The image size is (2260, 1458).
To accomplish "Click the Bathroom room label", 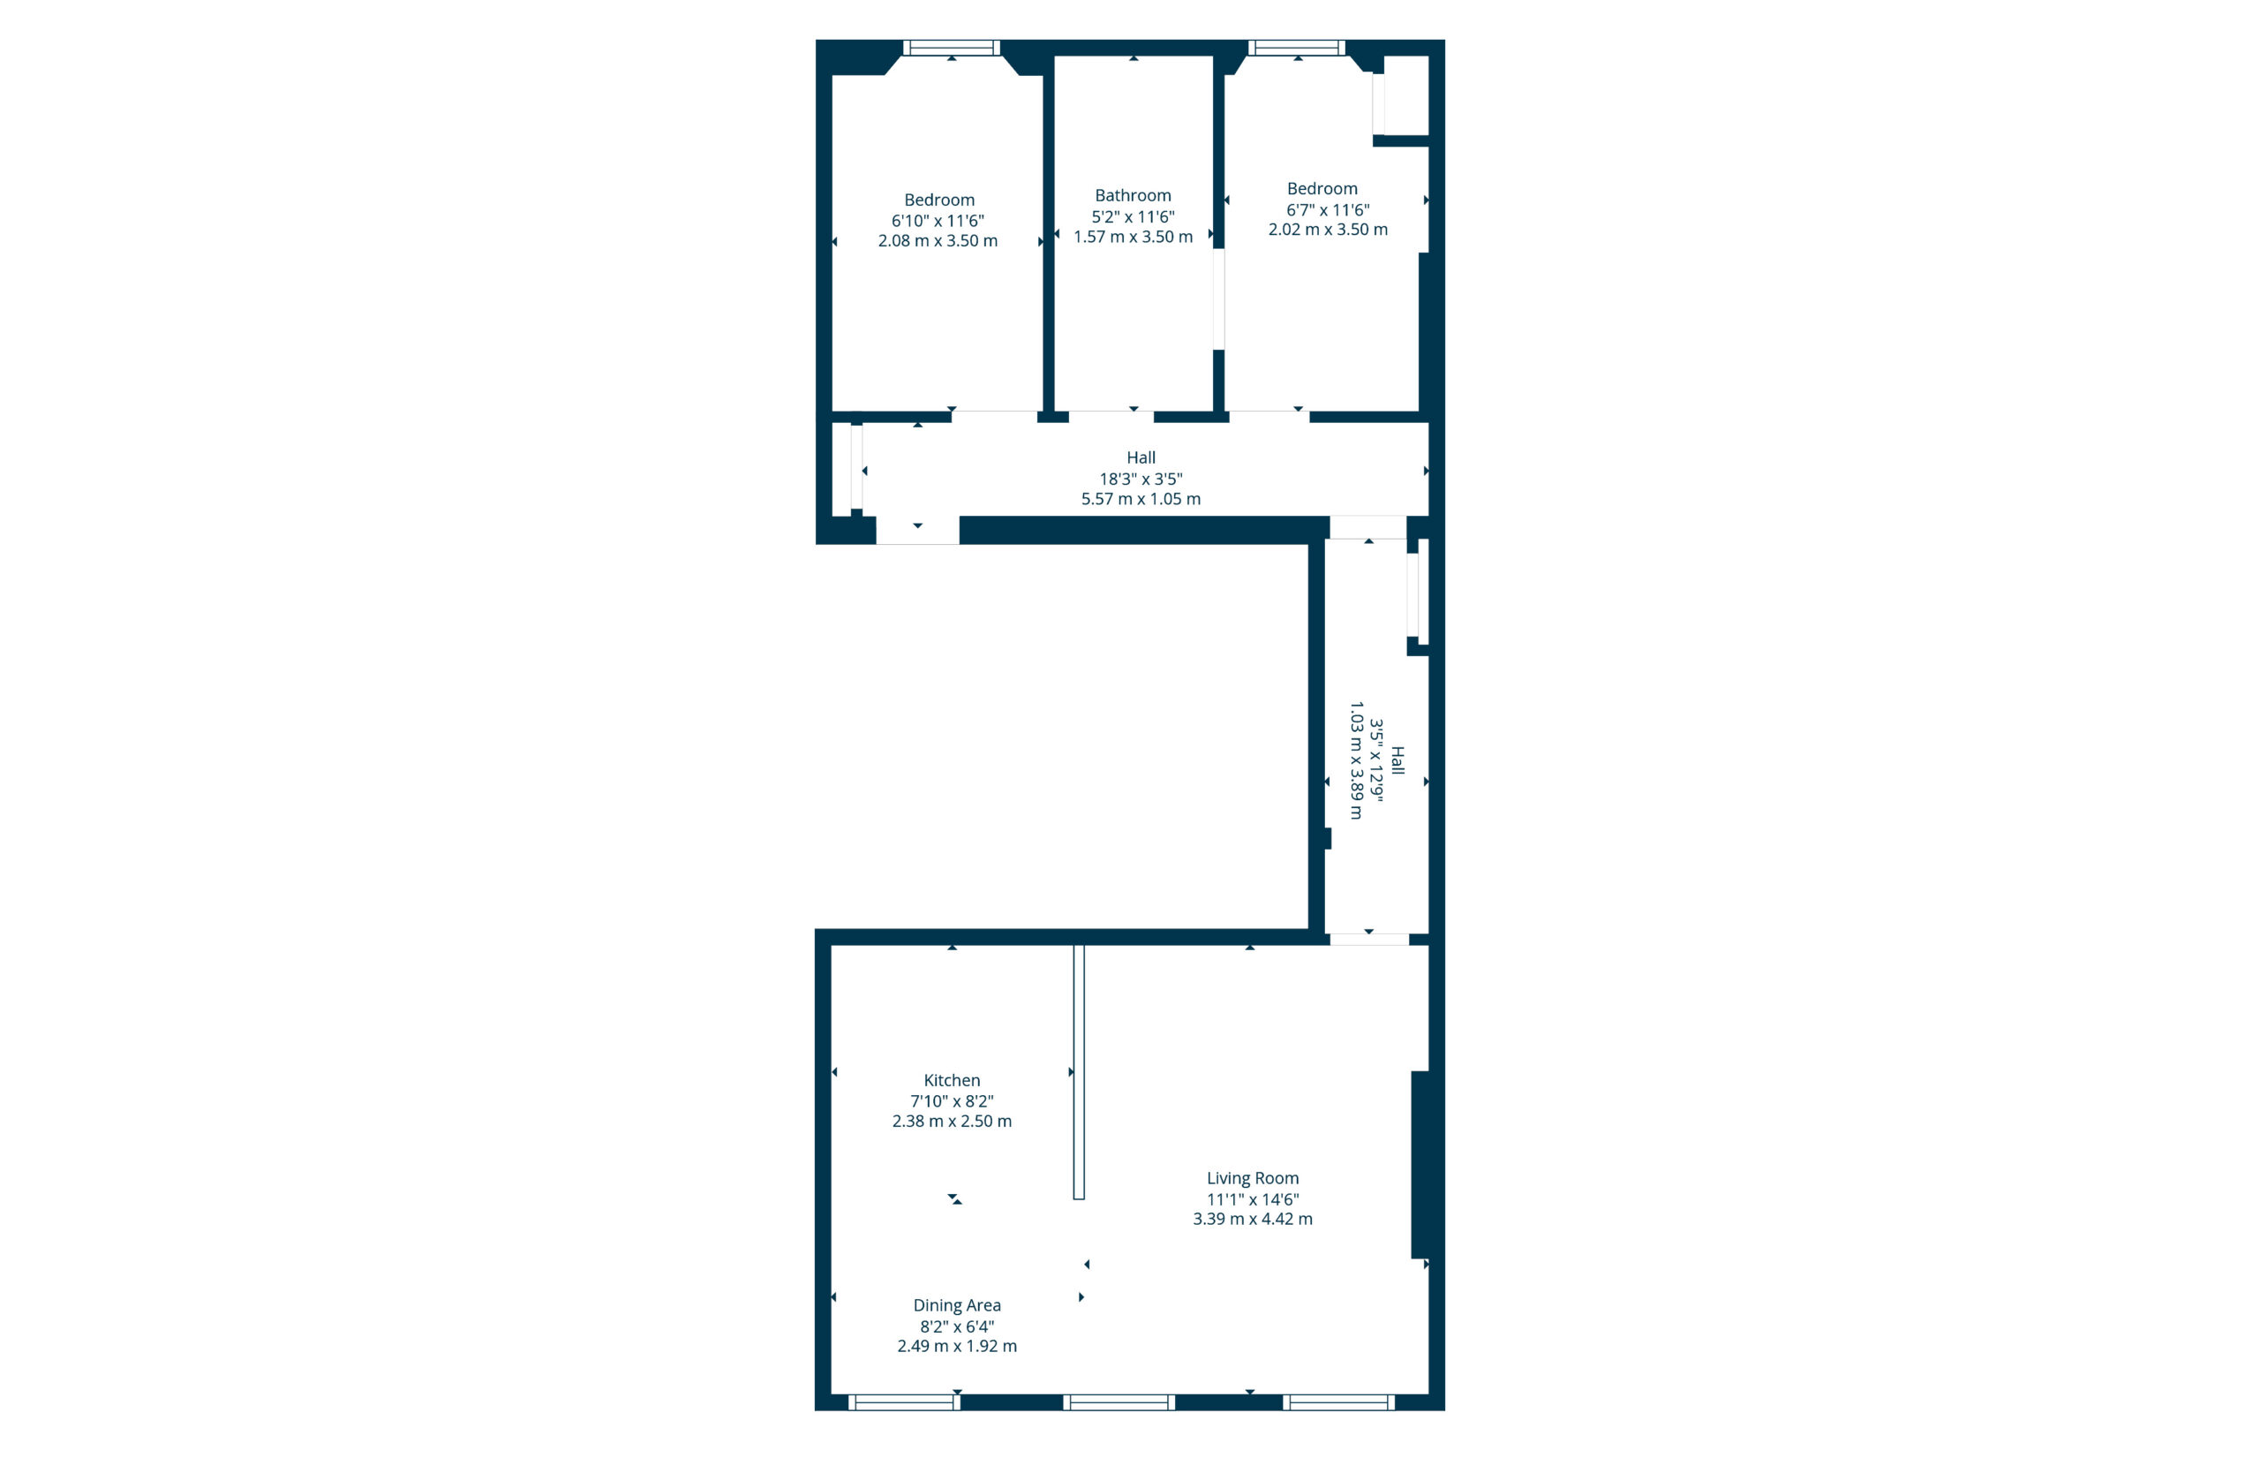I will point(1133,195).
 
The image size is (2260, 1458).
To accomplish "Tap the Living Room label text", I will point(1252,1178).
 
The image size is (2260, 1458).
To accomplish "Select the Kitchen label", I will point(951,1080).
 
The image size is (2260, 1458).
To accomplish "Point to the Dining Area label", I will point(957,1304).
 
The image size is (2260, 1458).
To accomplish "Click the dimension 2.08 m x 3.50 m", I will point(937,240).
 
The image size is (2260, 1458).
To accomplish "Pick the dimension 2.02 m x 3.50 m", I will point(1328,229).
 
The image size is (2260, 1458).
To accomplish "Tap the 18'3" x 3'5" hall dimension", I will point(1141,479).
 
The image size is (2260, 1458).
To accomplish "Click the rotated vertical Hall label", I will point(1397,760).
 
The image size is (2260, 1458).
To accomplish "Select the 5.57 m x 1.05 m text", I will point(1141,499).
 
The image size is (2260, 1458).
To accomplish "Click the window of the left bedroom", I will point(951,48).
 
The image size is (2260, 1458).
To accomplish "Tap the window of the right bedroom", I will point(1297,48).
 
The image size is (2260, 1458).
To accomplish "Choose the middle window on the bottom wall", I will point(1119,1402).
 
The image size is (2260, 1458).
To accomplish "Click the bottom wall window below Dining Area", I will point(904,1402).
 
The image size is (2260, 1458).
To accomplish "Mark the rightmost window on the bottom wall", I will point(1338,1402).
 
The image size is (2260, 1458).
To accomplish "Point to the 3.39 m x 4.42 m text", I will point(1252,1219).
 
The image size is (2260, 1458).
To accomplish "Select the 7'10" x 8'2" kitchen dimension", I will point(951,1101).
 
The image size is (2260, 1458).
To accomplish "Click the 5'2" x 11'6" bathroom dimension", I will point(1133,215).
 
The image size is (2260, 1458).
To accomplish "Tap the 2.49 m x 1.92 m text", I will point(957,1345).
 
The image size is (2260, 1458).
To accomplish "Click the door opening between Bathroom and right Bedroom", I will point(1219,299).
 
